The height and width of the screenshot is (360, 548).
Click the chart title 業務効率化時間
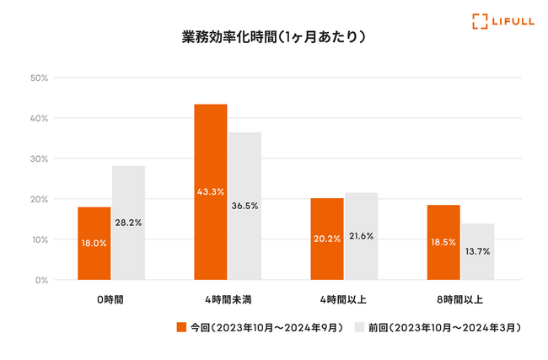(274, 37)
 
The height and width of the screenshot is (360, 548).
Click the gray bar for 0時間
(128, 223)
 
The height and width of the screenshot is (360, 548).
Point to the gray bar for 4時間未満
(244, 206)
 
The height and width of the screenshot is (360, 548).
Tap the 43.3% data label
(211, 192)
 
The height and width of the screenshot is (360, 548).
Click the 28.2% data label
(128, 223)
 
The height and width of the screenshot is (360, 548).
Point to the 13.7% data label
(478, 252)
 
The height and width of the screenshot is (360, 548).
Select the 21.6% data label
(362, 236)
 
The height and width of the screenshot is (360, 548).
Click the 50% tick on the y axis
(39, 78)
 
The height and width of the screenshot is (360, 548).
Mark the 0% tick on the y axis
(40, 280)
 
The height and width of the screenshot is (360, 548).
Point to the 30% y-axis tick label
(39, 159)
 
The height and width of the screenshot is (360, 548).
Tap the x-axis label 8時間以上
(460, 298)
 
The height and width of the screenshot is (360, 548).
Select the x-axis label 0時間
(110, 298)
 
